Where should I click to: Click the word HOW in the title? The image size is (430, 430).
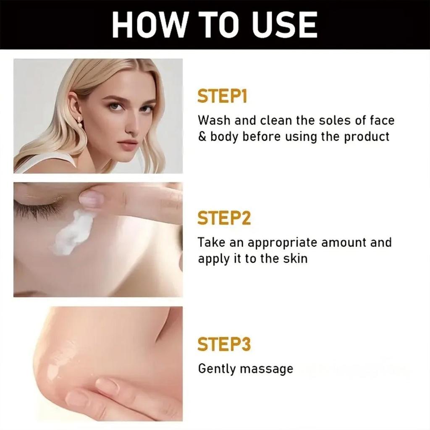(x=145, y=25)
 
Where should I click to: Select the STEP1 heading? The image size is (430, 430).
(x=222, y=97)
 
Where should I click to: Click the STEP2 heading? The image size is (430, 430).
(x=224, y=218)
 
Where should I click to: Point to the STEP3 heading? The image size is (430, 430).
(x=224, y=344)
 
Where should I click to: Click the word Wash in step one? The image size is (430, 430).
(x=214, y=121)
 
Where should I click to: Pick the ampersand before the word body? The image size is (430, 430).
(x=202, y=137)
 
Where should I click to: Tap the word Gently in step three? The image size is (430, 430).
(x=217, y=369)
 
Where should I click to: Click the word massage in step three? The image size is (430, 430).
(x=266, y=370)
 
